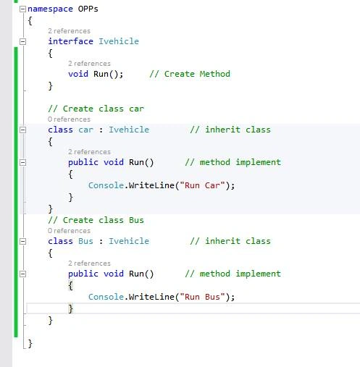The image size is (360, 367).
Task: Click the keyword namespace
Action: coord(50,9)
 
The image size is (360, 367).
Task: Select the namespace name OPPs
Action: coord(88,9)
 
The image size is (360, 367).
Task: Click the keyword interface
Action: coord(70,41)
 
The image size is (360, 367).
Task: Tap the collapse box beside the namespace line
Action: coord(22,9)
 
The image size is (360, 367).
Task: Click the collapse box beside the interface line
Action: coord(22,41)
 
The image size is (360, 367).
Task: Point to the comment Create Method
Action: coord(190,74)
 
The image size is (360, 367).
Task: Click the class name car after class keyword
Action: coord(85,130)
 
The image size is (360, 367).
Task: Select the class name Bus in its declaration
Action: coord(85,241)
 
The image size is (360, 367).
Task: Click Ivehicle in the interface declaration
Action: coord(119,41)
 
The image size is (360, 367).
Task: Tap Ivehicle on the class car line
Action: coord(129,130)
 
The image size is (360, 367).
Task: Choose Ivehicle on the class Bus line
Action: coord(129,241)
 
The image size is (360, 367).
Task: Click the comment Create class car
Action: coord(96,109)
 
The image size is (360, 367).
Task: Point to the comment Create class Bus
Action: coord(96,220)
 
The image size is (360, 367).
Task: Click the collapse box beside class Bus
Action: coord(22,241)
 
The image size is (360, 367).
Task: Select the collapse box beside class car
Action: coord(22,130)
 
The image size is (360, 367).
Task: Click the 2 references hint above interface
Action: coord(69,31)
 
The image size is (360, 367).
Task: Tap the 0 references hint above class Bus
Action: coord(69,231)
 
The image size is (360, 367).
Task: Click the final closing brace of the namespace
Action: coord(30,343)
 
